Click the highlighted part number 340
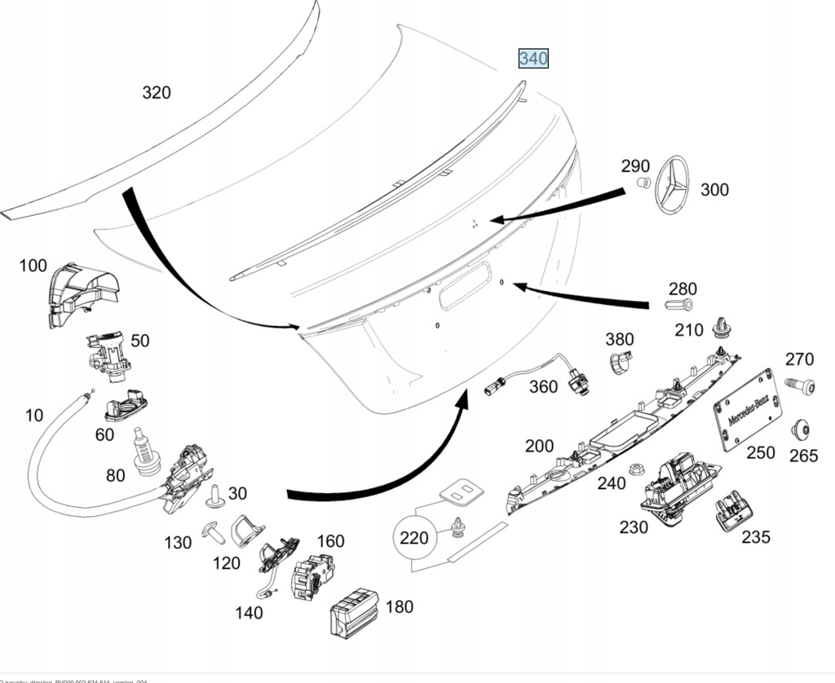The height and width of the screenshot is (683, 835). pos(534,59)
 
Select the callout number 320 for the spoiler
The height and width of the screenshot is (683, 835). pos(157,93)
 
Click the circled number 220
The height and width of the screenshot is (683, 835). pos(413,538)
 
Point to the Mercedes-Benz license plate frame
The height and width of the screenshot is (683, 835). pos(746,411)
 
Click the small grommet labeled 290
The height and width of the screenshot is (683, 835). pos(643,183)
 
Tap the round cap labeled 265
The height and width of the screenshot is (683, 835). pos(801,430)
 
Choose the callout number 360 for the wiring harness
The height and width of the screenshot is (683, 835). pos(544,386)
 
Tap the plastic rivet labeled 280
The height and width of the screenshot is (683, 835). pos(678,306)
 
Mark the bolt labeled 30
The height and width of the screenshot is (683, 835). pos(218,494)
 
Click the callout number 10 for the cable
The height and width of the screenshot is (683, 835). pos(33,416)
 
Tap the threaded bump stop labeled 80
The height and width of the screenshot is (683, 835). pos(145,453)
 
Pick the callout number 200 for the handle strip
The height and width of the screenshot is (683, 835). pos(539,447)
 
